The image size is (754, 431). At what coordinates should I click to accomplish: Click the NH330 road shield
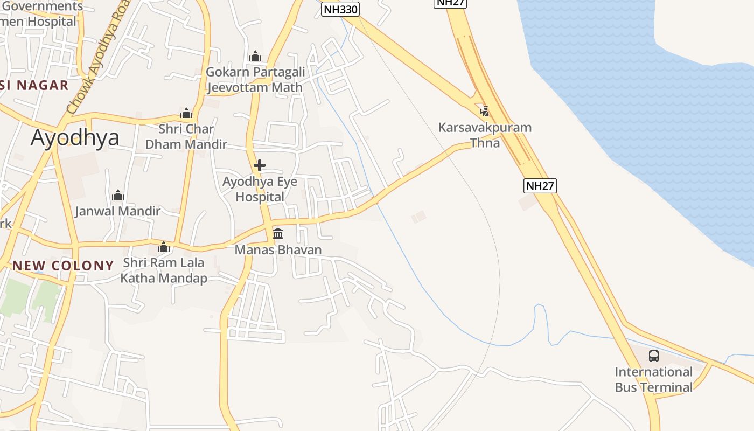point(340,9)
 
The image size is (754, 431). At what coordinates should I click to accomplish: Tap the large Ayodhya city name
point(75,137)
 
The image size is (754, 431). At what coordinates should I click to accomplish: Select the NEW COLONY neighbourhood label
point(63,266)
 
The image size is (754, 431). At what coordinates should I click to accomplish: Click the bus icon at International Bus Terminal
point(653,356)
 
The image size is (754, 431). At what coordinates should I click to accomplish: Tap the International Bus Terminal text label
point(653,379)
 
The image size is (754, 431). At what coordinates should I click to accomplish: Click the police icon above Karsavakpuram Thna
point(485,112)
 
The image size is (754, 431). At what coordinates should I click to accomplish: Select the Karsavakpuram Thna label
point(485,135)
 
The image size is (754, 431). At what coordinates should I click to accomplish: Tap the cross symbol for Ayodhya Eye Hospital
point(260,165)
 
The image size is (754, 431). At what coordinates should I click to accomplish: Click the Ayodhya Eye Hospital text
point(260,189)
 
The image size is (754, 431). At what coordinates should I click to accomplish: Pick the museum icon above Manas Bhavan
point(278,233)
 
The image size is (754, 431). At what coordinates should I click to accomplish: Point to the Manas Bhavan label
point(278,250)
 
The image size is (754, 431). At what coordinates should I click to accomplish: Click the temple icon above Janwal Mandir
point(118,195)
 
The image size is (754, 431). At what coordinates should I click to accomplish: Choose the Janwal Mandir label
point(118,211)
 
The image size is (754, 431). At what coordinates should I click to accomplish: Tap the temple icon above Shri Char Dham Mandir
point(186,113)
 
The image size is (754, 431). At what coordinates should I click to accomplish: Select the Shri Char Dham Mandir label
point(186,137)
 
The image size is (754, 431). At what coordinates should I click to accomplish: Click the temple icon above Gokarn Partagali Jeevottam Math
point(255,56)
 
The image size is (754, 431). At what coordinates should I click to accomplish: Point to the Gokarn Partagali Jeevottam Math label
point(255,80)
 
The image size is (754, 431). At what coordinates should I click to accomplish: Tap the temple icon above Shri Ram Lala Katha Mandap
point(164,247)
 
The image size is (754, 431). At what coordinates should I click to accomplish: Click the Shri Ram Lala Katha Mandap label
point(164,270)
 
